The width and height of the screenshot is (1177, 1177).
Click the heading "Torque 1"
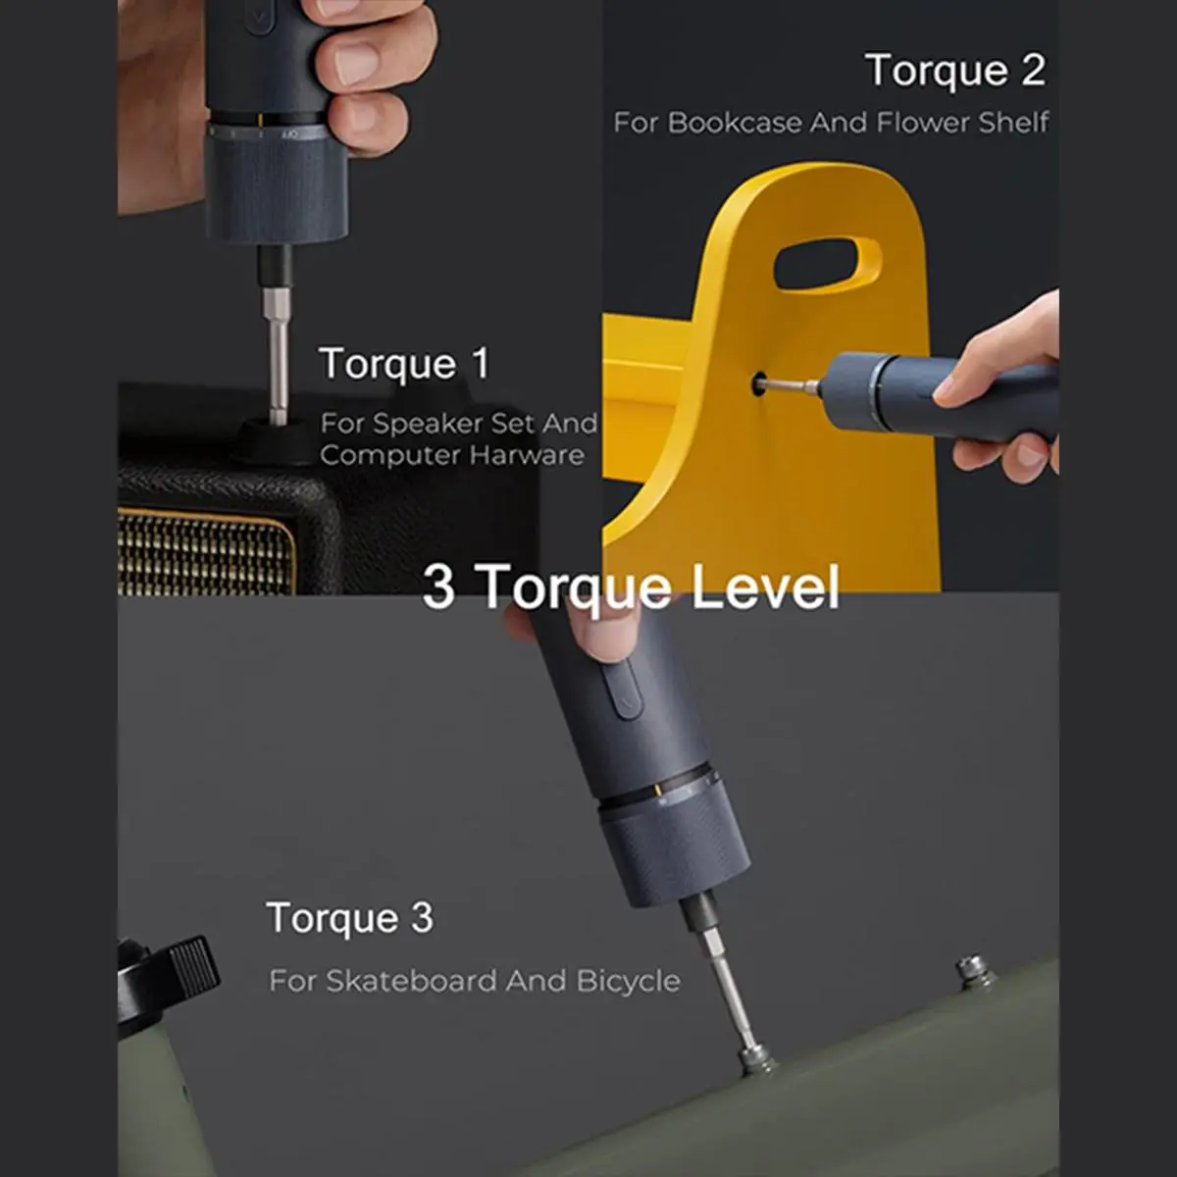coord(404,364)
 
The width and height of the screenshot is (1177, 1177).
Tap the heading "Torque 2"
coord(955,71)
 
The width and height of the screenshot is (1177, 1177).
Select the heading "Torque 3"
coord(350,917)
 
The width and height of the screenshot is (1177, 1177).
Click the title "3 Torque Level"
coord(631,587)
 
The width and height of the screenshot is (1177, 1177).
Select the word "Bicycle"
coord(628,982)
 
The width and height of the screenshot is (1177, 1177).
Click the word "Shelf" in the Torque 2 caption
coord(1013,123)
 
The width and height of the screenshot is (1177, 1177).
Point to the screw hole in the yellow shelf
coord(759,384)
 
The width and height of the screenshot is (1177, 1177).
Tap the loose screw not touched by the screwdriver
coord(974,972)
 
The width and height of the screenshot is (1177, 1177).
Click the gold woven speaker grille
coord(206,553)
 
